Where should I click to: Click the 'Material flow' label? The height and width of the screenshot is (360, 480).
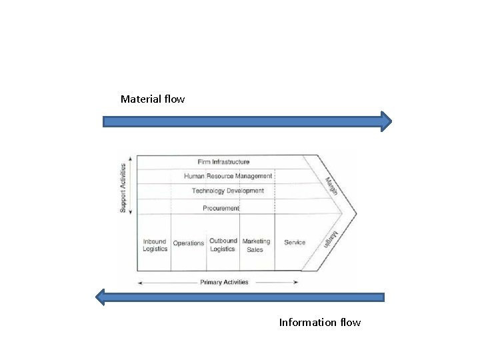click(153, 99)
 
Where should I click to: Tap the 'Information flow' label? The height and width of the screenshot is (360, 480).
click(319, 323)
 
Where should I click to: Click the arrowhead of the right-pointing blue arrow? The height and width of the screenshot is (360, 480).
click(385, 121)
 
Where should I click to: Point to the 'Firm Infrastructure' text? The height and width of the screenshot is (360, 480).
click(223, 162)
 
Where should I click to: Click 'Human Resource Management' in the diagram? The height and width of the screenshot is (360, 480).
click(228, 176)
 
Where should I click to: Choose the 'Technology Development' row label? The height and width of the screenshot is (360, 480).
click(227, 191)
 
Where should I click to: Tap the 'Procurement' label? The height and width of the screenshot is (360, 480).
click(221, 208)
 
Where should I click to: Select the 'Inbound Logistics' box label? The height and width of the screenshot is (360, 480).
click(155, 245)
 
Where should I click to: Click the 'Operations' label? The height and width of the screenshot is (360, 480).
click(189, 243)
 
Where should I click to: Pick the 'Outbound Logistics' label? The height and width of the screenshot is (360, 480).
click(223, 245)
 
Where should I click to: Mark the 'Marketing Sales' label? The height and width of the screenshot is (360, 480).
click(256, 245)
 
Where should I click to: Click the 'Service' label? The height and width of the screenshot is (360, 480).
click(295, 242)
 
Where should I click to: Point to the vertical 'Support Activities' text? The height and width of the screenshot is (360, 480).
click(123, 188)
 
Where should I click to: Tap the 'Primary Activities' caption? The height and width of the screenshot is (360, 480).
click(224, 282)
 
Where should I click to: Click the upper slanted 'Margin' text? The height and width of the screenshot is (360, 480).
click(332, 186)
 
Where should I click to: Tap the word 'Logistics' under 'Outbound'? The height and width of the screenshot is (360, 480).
click(223, 249)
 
